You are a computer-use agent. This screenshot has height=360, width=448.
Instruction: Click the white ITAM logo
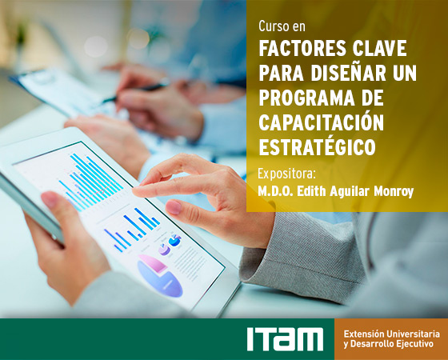(x=285, y=339)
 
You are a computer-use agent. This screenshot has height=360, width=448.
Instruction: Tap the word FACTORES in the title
(x=302, y=48)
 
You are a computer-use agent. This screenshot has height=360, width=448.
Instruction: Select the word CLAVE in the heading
(x=379, y=48)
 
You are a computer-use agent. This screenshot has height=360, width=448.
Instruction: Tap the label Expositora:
(x=286, y=174)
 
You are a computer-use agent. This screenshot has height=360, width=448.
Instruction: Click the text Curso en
(x=282, y=26)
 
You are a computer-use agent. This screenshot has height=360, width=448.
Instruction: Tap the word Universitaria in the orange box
(x=413, y=334)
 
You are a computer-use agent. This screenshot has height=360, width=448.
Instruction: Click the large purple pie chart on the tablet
(x=160, y=276)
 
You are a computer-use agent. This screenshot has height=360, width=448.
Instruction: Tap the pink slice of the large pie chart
(x=153, y=264)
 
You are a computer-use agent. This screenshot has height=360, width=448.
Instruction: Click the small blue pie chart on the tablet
(x=174, y=240)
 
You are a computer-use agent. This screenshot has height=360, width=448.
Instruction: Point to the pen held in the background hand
(x=135, y=91)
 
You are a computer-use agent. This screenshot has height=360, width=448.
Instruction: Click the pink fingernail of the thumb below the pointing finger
(x=174, y=207)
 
